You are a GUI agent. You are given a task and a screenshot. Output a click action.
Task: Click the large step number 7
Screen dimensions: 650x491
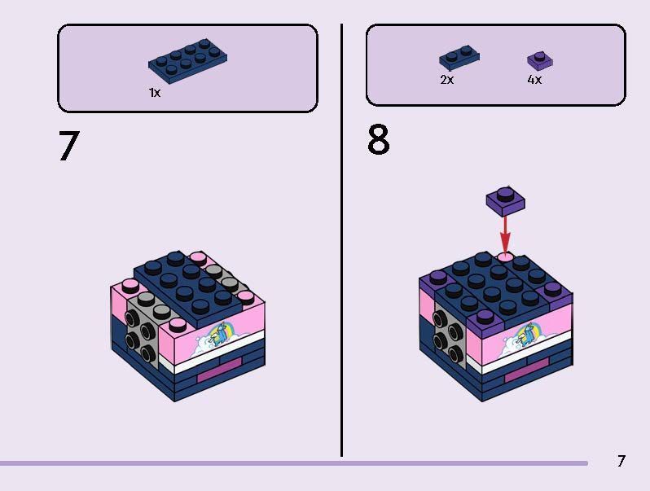coord(68,146)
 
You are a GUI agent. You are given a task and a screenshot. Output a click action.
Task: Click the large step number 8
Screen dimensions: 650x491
coord(379,139)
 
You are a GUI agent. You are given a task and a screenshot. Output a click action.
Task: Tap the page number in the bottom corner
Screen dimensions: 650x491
coord(621,461)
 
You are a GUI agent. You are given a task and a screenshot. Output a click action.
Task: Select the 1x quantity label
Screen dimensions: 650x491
coord(155,92)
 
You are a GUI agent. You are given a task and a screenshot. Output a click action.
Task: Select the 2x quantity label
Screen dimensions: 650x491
coord(447,80)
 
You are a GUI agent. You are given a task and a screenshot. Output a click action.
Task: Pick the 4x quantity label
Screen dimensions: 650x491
coord(534,80)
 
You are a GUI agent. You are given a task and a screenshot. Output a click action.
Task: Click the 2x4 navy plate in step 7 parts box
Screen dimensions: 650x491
coord(188,60)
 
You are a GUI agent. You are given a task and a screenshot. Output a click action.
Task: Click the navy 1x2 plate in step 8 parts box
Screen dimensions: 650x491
coord(459,57)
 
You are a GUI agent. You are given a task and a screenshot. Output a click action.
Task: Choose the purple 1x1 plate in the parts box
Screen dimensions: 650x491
coord(540,60)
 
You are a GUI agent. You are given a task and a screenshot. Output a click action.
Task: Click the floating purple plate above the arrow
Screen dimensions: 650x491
coord(505,201)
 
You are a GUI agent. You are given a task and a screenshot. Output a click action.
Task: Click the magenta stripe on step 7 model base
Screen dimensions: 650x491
coord(219,370)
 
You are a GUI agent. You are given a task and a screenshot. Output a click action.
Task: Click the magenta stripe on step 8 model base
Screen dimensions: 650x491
coord(526,370)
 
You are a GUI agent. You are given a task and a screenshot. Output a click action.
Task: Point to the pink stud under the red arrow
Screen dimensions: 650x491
coord(505,256)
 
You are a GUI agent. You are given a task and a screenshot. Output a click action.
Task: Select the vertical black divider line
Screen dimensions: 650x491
coord(341,240)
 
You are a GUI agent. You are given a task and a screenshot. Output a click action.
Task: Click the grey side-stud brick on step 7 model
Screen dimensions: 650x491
coord(143,327)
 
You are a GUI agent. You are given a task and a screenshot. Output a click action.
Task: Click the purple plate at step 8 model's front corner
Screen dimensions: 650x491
coord(485,322)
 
